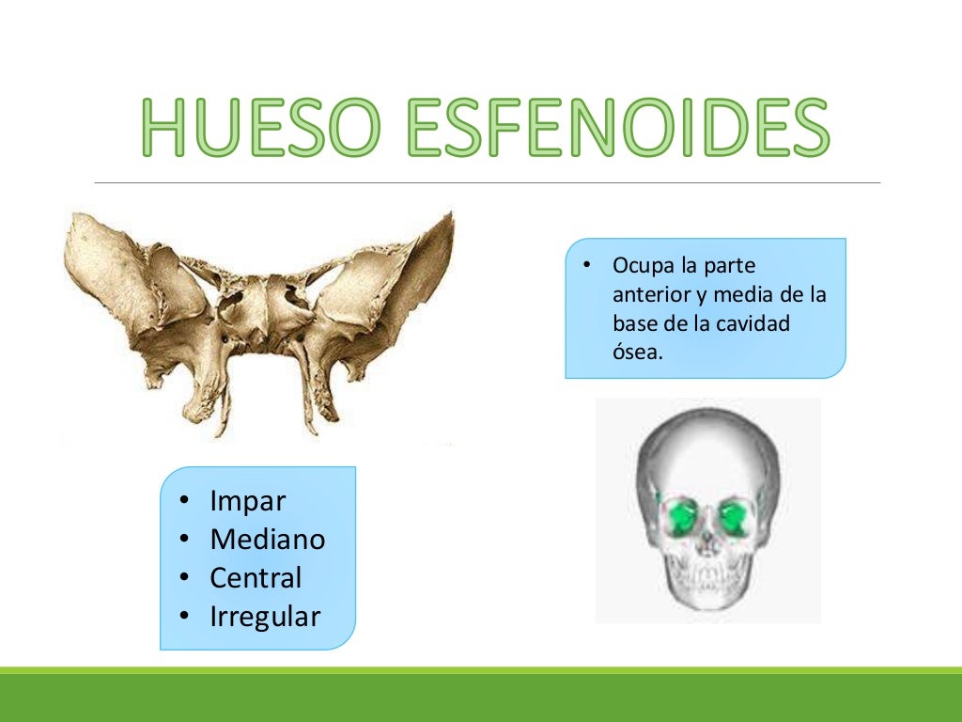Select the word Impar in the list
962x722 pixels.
(247, 501)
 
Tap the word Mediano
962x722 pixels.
(268, 540)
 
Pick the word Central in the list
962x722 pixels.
(256, 577)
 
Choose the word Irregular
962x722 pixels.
(265, 617)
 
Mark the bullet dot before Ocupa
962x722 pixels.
(585, 266)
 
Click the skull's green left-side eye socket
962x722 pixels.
(682, 515)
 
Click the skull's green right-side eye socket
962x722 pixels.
(733, 515)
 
